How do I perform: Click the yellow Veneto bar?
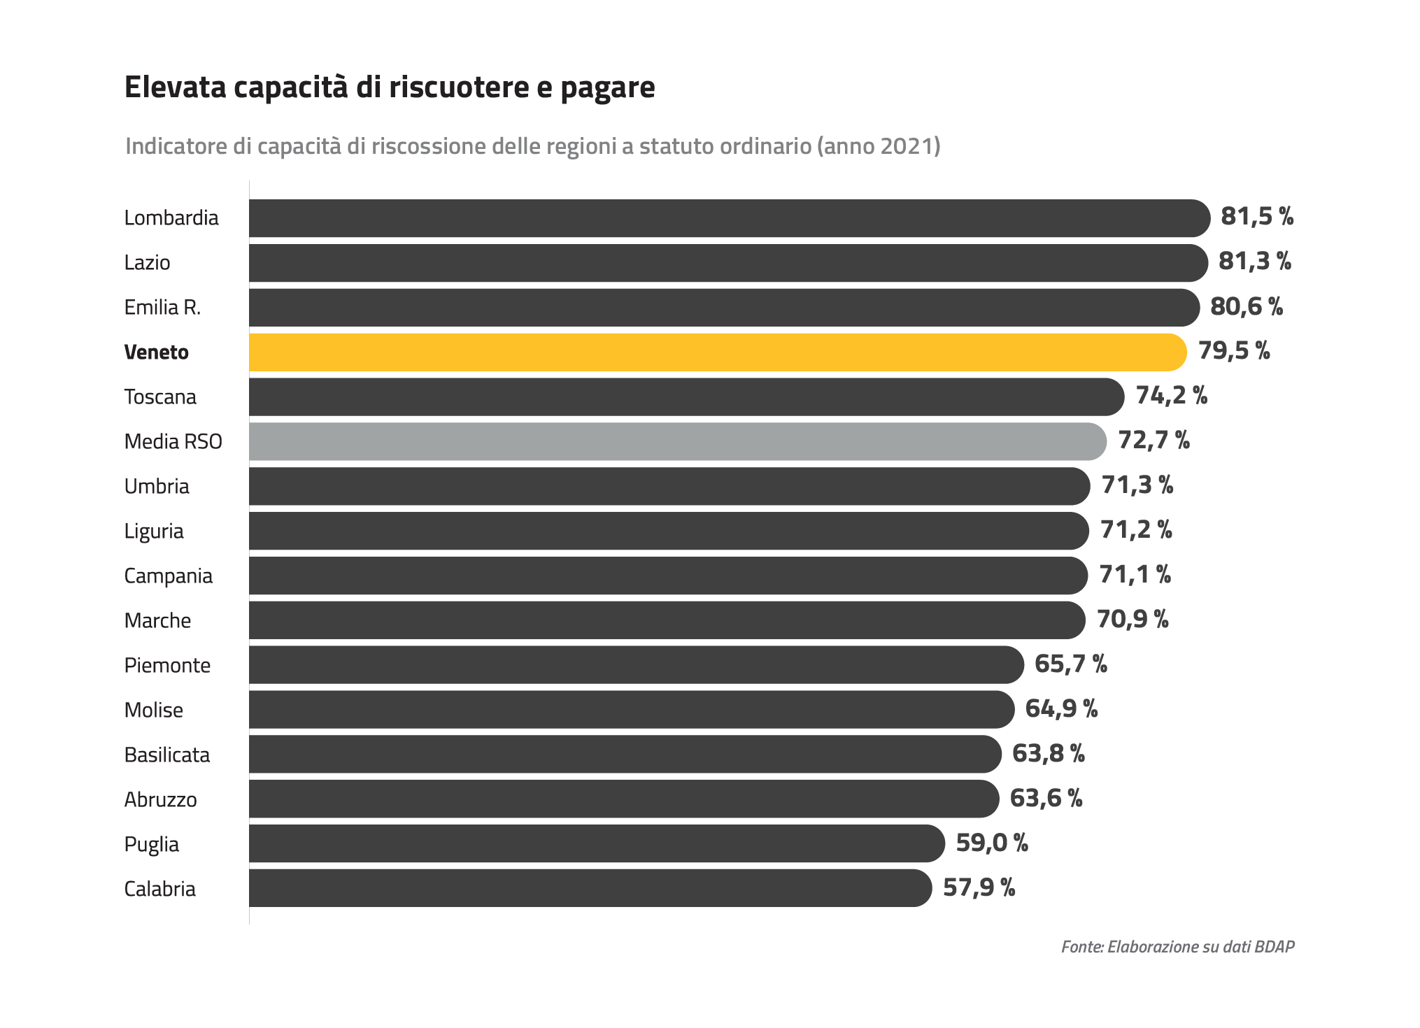[718, 352]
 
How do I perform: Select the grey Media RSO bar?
[678, 441]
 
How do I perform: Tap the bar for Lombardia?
[730, 218]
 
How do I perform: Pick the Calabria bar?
[590, 888]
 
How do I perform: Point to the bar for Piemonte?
[637, 664]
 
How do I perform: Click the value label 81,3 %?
[1255, 262]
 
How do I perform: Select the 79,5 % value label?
[1234, 350]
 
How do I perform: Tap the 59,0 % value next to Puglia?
[992, 843]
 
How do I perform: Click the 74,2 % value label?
[1172, 395]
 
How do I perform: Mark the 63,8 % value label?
[1049, 753]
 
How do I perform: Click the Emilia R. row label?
[162, 307]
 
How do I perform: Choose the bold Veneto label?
[157, 352]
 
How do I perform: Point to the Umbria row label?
[157, 486]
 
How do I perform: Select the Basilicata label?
[167, 755]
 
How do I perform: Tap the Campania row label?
[169, 576]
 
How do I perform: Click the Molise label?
[154, 710]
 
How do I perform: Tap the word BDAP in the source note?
[1275, 947]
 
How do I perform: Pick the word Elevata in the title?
[176, 87]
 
